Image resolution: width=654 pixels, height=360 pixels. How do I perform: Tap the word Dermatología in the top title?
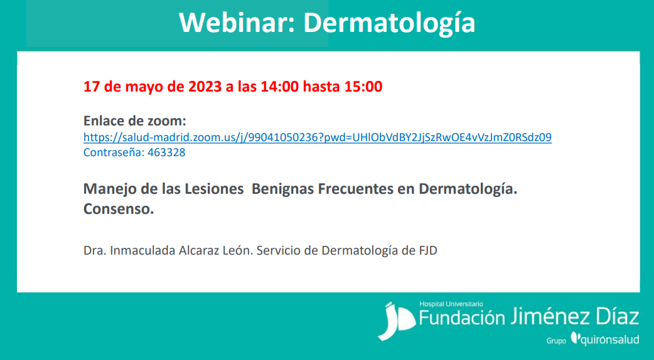[x=389, y=24]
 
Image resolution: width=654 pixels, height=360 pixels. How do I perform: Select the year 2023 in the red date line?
[x=205, y=87]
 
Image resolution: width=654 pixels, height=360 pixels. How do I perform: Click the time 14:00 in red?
[x=280, y=87]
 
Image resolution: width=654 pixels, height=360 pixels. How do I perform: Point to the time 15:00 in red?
[x=363, y=87]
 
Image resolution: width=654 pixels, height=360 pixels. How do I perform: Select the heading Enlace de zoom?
[x=135, y=121]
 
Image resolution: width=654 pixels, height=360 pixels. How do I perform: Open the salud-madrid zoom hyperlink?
[x=318, y=137]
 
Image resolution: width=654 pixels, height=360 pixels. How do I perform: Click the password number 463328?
[x=166, y=152]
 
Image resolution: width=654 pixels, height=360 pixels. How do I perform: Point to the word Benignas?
[x=283, y=189]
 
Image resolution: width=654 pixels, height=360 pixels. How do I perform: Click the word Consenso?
[x=119, y=209]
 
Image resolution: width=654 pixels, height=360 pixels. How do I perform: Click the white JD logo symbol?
[x=396, y=321]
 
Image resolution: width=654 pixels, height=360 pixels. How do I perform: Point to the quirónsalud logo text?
[x=605, y=339]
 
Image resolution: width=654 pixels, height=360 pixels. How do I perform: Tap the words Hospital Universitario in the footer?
[x=451, y=304]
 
